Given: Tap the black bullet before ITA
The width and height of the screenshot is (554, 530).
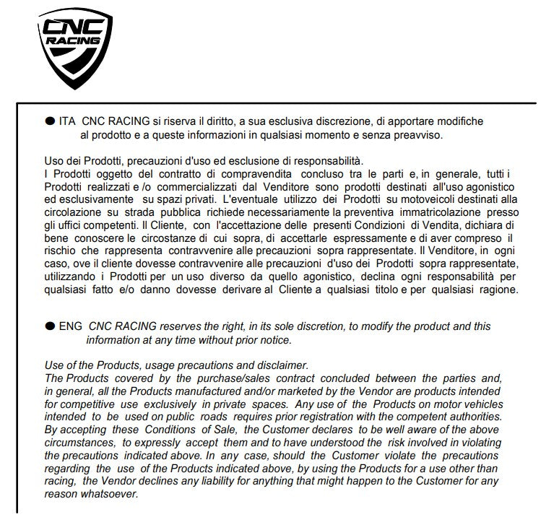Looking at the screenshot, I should [49, 122].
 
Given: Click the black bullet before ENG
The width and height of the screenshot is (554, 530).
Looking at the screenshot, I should [49, 326].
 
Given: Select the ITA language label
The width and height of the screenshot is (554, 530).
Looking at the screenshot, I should [67, 122].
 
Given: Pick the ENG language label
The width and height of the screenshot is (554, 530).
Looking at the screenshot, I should [70, 326].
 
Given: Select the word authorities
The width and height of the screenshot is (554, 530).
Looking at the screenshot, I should [473, 417].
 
